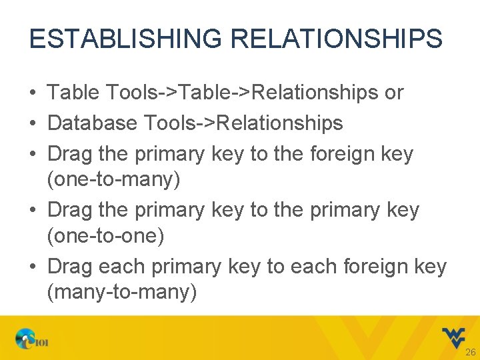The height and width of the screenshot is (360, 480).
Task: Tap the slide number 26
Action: (470, 352)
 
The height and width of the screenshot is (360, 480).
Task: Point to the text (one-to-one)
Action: (105, 236)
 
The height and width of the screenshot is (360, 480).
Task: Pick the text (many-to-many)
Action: (122, 292)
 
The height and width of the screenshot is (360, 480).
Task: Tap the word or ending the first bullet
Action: (394, 93)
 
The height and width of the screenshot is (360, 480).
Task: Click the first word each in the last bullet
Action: (123, 267)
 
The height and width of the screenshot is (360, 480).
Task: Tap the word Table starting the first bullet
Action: (72, 93)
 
